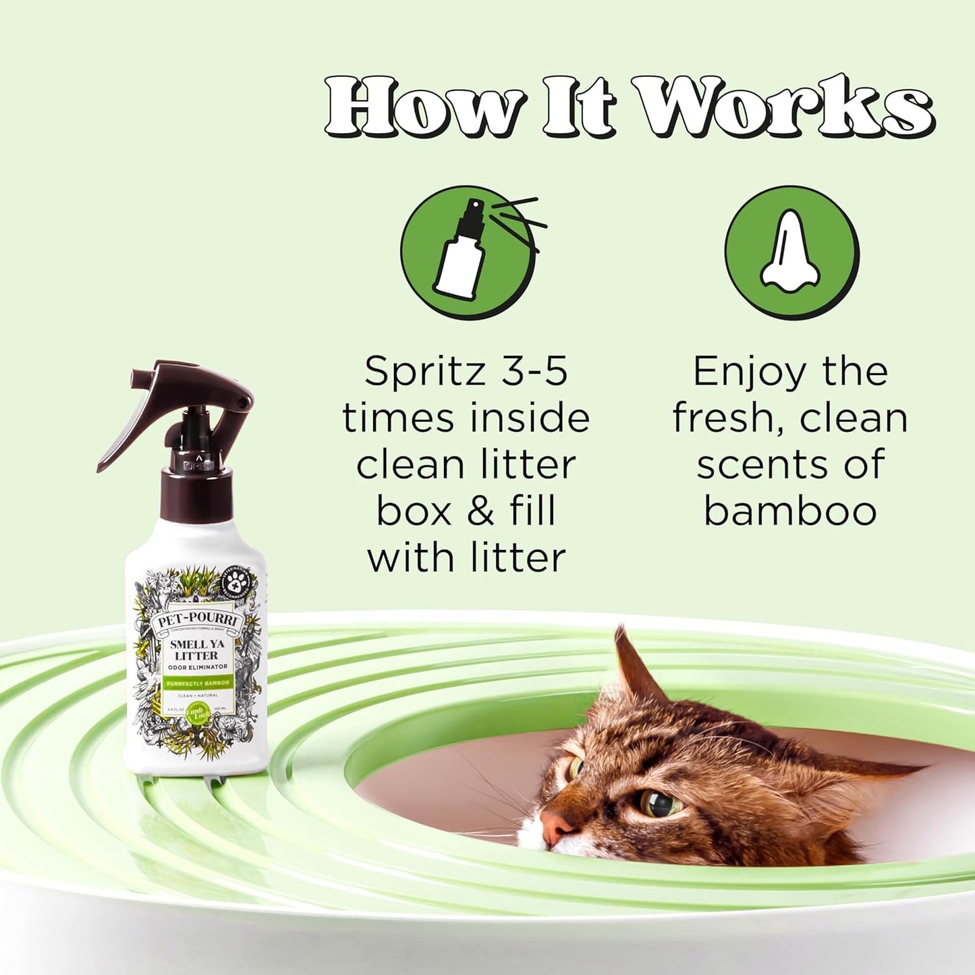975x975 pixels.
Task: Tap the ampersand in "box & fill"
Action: (x=480, y=511)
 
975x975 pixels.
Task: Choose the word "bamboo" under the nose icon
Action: (x=790, y=511)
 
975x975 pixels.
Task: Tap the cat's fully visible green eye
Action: (x=657, y=803)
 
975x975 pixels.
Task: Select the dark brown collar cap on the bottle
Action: (x=196, y=493)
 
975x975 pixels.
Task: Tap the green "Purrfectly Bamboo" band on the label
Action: (x=196, y=683)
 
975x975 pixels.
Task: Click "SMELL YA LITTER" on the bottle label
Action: (x=196, y=650)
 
